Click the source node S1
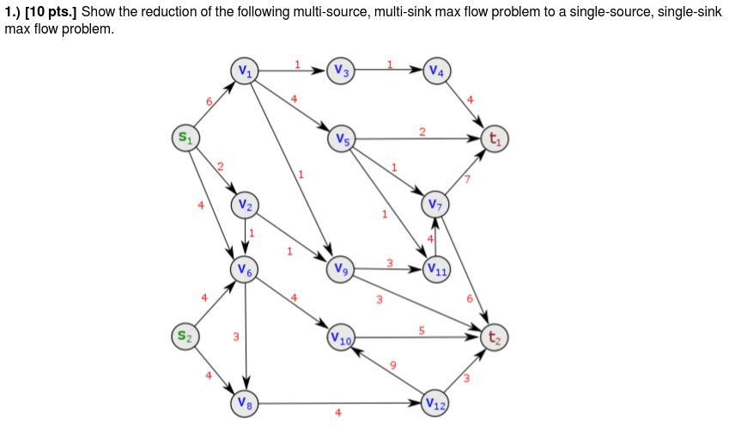(185, 138)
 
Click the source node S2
(185, 335)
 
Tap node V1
(246, 71)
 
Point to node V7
(435, 204)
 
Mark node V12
(436, 402)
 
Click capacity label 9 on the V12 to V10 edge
(393, 365)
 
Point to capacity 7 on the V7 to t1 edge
(467, 179)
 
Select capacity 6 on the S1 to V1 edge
(208, 101)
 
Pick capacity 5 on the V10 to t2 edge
(422, 329)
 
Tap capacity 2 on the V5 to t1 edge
(422, 131)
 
